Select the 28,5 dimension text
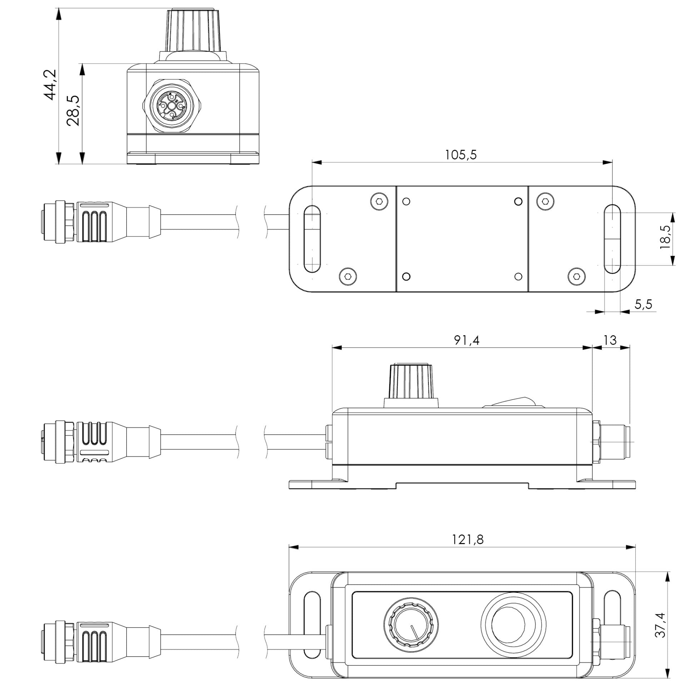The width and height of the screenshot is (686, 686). [73, 111]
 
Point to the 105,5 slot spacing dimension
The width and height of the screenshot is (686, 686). [461, 155]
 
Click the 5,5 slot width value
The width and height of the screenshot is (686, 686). [643, 304]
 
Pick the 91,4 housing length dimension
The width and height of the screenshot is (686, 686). [467, 340]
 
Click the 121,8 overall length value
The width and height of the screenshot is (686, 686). [468, 549]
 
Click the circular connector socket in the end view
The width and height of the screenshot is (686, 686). [172, 106]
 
